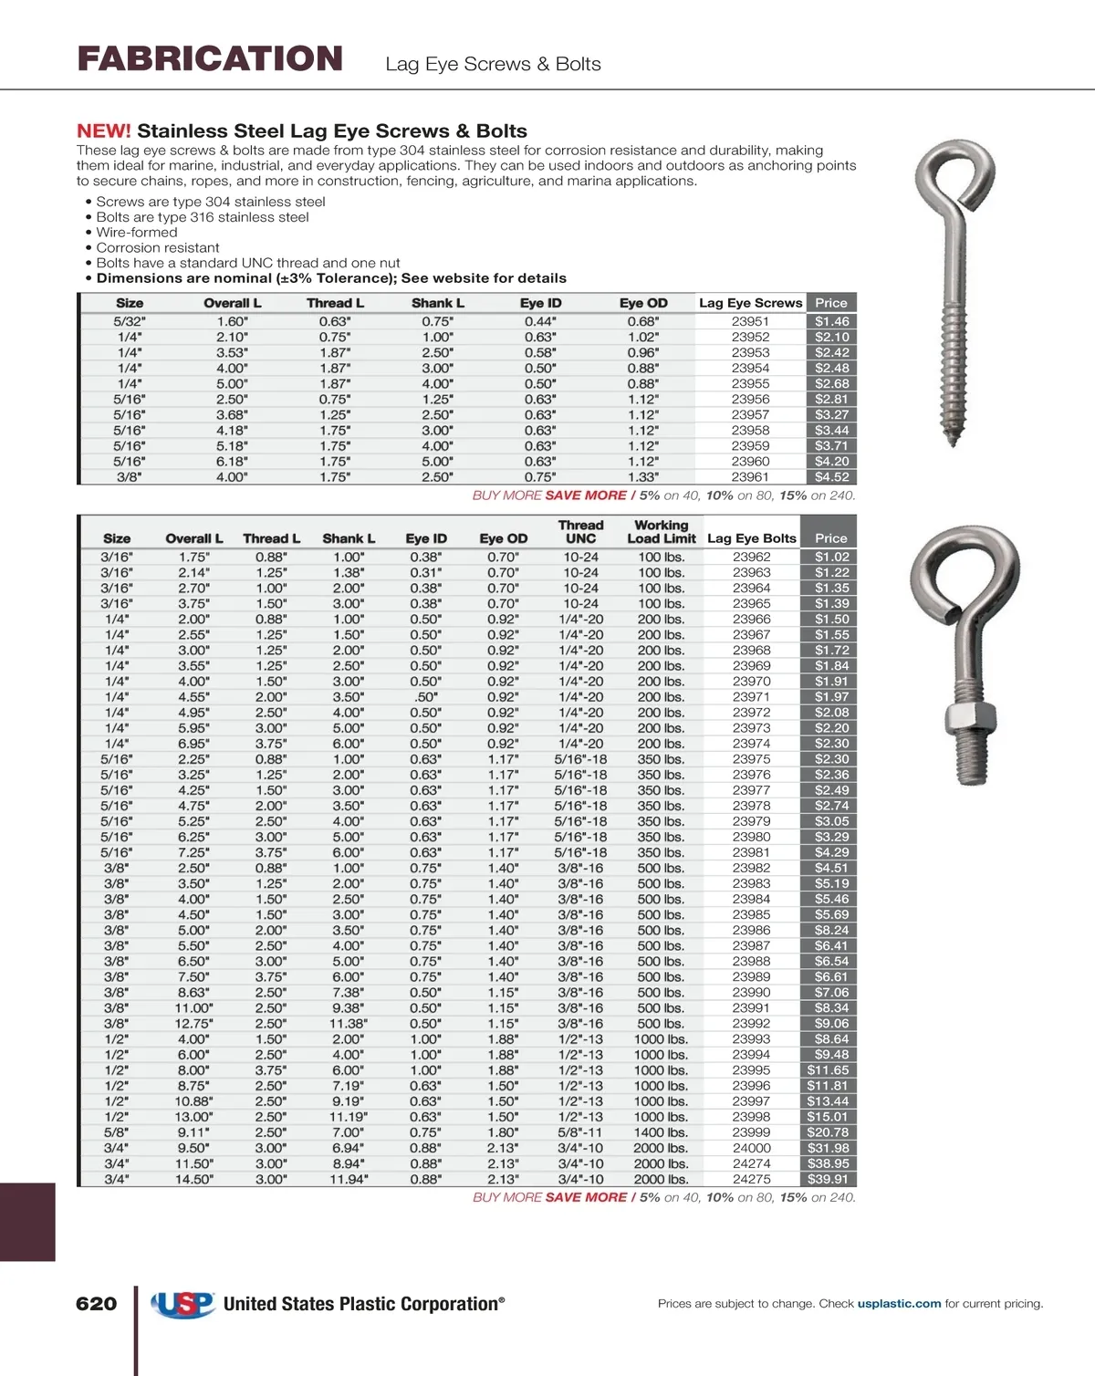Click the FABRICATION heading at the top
coord(210,59)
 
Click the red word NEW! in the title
coord(103,130)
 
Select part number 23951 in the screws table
coord(750,321)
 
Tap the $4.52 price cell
coord(831,476)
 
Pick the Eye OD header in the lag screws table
coord(643,303)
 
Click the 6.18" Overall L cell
coord(232,461)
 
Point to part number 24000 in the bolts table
coord(751,1148)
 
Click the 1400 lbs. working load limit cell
coord(661,1132)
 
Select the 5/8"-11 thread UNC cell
coord(580,1132)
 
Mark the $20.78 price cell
coord(829,1132)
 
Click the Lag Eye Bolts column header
coord(752,538)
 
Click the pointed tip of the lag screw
coord(954,442)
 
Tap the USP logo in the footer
coord(183,1304)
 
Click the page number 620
coord(97,1304)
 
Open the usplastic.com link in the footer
coord(899,1304)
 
